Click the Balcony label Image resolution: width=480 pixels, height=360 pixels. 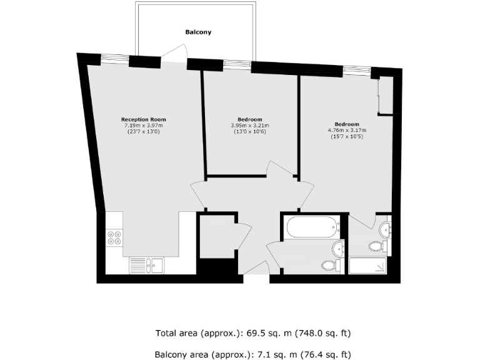(x=197, y=32)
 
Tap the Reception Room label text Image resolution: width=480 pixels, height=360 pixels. (x=143, y=119)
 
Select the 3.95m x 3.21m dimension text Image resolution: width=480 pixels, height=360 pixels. (x=250, y=126)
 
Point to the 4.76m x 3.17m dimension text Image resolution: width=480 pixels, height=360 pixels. (x=347, y=130)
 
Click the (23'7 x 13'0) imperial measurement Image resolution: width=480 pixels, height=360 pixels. (x=143, y=132)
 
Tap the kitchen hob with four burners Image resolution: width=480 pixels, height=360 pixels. (x=114, y=237)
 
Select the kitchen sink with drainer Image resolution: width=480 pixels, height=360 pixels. (x=146, y=266)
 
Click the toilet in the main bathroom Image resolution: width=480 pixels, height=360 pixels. (x=331, y=265)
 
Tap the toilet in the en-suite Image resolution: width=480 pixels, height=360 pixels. (x=376, y=246)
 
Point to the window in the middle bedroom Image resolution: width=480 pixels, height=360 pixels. (x=236, y=63)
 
